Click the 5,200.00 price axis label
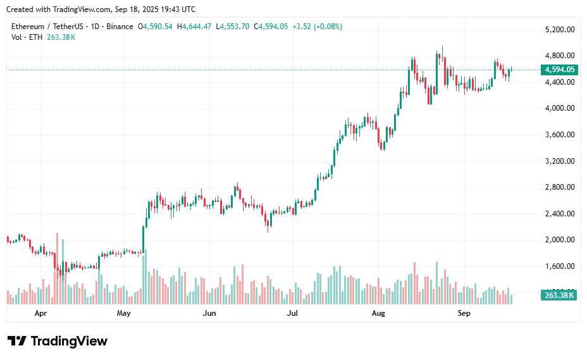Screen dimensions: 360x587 559,30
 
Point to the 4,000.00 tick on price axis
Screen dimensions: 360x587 559,108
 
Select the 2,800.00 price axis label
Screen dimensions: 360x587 559,187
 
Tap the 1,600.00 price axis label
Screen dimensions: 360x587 559,266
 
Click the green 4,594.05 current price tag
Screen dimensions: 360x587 559,70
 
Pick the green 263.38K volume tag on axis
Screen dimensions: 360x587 559,295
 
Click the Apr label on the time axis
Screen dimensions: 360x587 41,313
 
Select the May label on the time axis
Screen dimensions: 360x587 124,313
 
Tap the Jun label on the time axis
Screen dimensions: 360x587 209,313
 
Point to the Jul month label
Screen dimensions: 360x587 293,313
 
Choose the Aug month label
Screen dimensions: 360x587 378,313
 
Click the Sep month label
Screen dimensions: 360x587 464,313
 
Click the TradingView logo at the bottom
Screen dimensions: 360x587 58,341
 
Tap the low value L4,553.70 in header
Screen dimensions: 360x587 232,27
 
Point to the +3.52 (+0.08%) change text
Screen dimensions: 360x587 317,27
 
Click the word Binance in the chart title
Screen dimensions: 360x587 120,27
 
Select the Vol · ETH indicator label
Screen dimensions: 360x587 27,37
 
